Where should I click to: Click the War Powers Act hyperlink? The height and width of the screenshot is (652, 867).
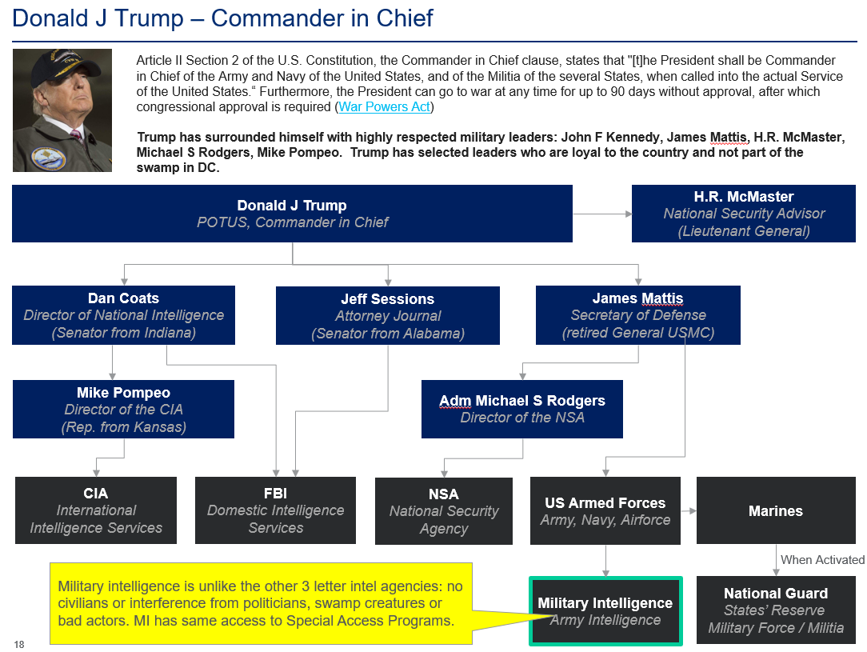point(384,106)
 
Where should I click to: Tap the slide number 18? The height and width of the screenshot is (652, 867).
point(18,644)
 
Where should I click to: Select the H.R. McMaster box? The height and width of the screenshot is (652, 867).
point(744,214)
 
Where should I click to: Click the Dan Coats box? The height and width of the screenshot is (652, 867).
point(123,315)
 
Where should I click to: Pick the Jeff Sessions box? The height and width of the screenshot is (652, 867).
point(387,316)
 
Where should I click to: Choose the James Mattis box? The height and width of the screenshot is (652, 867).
point(637,315)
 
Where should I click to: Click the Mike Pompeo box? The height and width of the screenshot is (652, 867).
point(123,409)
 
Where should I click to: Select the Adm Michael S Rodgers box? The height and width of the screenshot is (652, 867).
point(521,409)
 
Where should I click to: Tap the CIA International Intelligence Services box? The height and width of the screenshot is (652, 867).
point(95,510)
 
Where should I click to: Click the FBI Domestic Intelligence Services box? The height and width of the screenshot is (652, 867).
point(275,510)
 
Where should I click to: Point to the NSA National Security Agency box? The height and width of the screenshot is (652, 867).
point(443,511)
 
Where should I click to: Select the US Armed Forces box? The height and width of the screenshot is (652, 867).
point(605,510)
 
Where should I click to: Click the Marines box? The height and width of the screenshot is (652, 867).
point(775,510)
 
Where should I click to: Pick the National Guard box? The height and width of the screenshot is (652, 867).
point(775,610)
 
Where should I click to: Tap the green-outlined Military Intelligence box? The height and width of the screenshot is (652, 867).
point(605,610)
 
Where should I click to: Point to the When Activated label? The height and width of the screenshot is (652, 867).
point(821,560)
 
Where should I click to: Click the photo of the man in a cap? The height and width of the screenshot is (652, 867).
point(62,110)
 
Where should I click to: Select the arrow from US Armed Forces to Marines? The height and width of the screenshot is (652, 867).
point(689,510)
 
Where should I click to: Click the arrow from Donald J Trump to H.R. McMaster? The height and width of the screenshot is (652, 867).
point(601,214)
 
